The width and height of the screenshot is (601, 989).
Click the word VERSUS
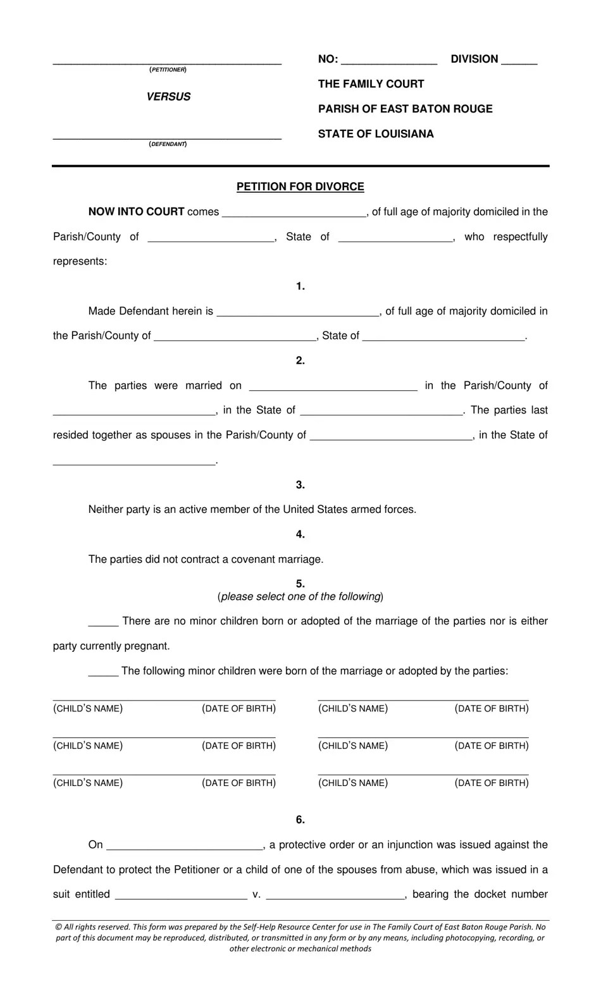pyautogui.click(x=168, y=97)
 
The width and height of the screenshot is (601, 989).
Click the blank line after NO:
pyautogui.click(x=388, y=61)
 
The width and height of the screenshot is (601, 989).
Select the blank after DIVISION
pyautogui.click(x=519, y=61)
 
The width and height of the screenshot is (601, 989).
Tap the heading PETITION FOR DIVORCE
pyautogui.click(x=300, y=187)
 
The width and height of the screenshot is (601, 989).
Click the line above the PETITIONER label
pyautogui.click(x=167, y=62)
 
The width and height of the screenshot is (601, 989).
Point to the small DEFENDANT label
pyautogui.click(x=168, y=144)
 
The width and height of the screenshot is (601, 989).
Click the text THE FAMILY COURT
pyautogui.click(x=371, y=84)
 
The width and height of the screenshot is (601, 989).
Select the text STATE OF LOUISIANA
pyautogui.click(x=376, y=134)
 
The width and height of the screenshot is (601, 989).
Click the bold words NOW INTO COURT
pyautogui.click(x=136, y=212)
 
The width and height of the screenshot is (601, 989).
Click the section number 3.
pyautogui.click(x=300, y=485)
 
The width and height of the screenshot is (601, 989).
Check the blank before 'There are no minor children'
pyautogui.click(x=103, y=623)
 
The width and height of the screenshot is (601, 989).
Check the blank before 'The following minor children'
pyautogui.click(x=103, y=673)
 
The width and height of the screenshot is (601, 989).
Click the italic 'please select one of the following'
pyautogui.click(x=300, y=596)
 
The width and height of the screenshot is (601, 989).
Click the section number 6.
pyautogui.click(x=300, y=820)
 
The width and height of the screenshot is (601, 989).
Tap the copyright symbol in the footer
pyautogui.click(x=59, y=927)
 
